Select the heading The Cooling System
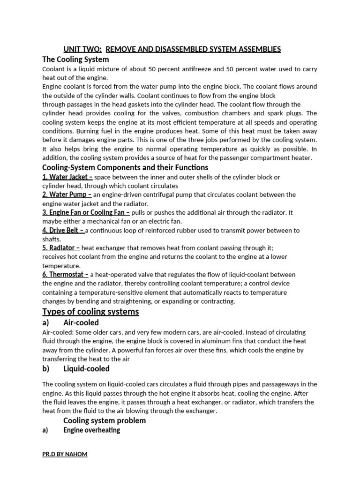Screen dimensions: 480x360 pyautogui.click(x=75, y=60)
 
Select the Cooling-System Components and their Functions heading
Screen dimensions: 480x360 pyautogui.click(x=125, y=167)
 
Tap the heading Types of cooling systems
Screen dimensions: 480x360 pyautogui.click(x=90, y=312)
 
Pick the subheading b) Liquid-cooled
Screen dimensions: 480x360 pyautogui.click(x=76, y=368)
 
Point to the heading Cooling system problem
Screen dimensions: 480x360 pyautogui.click(x=105, y=420)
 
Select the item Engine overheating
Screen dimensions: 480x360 pyautogui.click(x=91, y=430)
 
